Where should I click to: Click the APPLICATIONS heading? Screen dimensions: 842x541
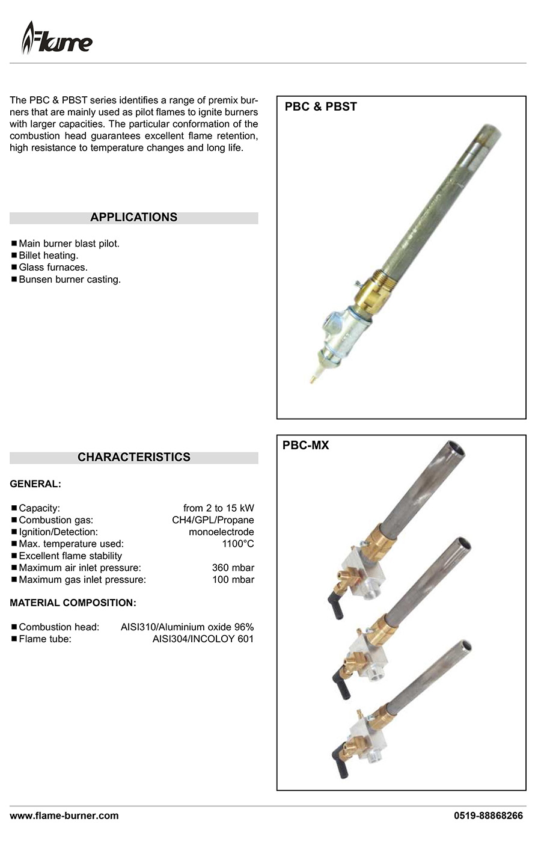(133, 217)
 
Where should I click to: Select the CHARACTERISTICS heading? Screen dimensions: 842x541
(133, 457)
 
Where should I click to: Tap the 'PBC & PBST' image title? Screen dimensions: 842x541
(320, 107)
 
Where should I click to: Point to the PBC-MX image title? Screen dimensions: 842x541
(305, 446)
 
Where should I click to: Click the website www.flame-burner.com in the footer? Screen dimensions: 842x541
(64, 816)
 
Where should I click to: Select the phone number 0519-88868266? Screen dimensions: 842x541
(488, 816)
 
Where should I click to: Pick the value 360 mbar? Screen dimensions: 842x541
(233, 568)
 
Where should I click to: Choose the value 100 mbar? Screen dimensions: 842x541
(233, 580)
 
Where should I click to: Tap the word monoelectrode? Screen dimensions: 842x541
(221, 532)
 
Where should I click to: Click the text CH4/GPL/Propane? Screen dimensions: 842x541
(213, 520)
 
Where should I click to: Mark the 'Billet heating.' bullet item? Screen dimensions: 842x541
(48, 256)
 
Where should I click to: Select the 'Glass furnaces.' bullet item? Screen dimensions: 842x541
(53, 268)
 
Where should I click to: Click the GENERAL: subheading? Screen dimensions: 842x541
(35, 484)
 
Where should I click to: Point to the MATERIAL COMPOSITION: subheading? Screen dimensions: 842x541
(73, 603)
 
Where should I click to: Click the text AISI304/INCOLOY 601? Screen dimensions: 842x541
(203, 639)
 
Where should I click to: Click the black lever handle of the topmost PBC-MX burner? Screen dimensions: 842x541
(335, 605)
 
